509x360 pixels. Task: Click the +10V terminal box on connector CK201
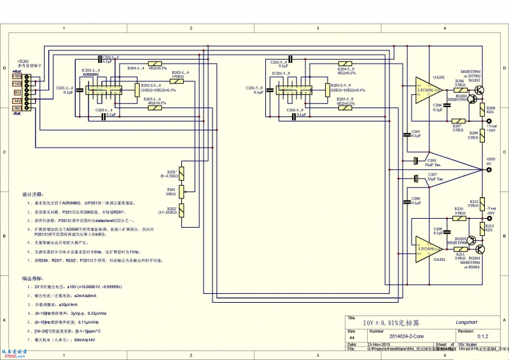coord(17,77)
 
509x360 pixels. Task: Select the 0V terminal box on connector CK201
coord(17,92)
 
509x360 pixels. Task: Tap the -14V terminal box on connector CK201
coord(17,100)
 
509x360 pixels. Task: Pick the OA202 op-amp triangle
coord(424,244)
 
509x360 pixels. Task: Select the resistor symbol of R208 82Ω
coord(482,109)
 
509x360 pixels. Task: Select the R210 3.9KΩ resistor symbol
coord(459,218)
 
